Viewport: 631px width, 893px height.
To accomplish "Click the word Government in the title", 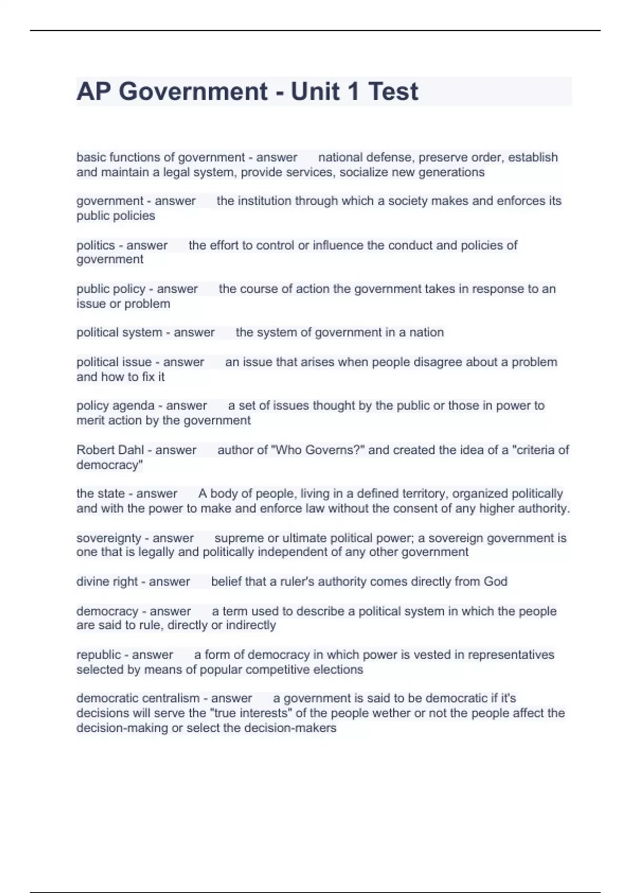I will pos(193,92).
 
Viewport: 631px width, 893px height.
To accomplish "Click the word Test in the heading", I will pos(393,92).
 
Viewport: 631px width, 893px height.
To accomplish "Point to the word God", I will pos(495,582).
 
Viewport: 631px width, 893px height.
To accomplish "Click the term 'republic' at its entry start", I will pos(98,655).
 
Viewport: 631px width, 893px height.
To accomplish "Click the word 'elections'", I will pos(338,670).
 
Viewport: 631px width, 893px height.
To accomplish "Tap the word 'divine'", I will pos(93,582).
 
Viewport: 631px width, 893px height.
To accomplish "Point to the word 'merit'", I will pos(90,421).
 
